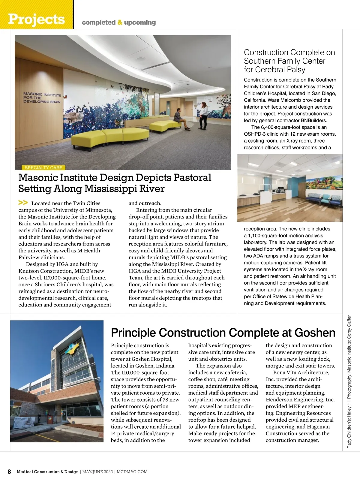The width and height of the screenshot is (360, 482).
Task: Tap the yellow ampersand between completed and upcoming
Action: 120,23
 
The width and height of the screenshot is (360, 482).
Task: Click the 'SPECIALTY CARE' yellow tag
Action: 43,168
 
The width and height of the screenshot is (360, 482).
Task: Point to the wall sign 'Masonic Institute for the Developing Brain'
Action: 42,98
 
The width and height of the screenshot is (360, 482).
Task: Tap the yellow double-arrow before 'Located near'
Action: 23,203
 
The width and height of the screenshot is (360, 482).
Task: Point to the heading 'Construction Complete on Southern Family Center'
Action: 289,61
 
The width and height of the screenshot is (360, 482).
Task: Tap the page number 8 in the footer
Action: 9,471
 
